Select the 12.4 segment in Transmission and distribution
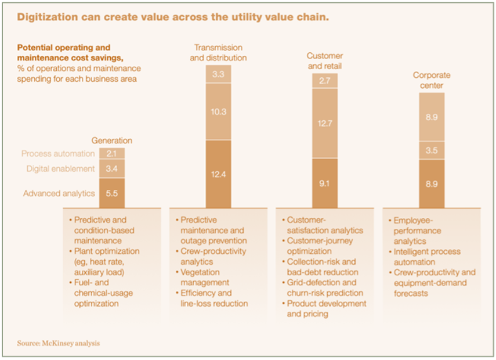coord(218,173)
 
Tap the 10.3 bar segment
coord(218,111)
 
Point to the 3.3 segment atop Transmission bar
coord(218,74)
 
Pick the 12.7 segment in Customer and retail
coord(325,123)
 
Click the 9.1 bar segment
coord(325,183)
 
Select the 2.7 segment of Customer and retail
coord(325,81)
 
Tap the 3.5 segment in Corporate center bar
coord(432,150)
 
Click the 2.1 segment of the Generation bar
coord(112,153)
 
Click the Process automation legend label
coord(58,154)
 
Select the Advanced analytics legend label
coord(59,193)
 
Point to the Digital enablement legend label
coord(60,169)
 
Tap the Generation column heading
coord(111,141)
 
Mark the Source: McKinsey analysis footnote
coord(59,343)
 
